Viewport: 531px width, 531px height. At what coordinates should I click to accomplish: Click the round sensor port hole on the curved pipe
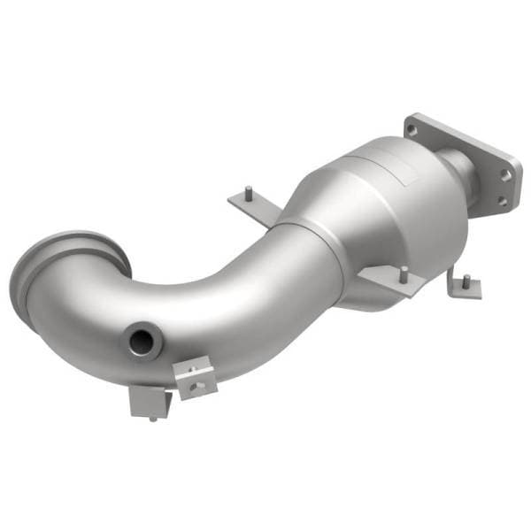tap(141, 340)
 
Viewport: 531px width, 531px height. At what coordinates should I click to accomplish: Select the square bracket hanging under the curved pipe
tap(146, 401)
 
